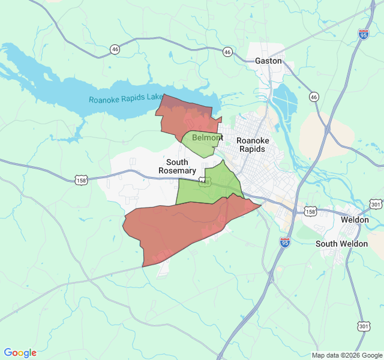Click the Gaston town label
click(x=268, y=61)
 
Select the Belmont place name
click(x=207, y=138)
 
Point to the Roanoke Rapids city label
click(x=253, y=145)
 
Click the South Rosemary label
click(x=177, y=166)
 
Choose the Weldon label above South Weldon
click(x=355, y=220)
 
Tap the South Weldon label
click(x=341, y=244)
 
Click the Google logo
click(x=20, y=353)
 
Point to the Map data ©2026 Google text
click(x=347, y=355)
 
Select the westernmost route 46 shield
click(x=115, y=49)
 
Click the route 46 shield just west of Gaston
click(x=227, y=52)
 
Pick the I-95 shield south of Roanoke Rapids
click(x=285, y=242)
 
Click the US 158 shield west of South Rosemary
click(x=81, y=180)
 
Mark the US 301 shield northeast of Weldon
click(x=376, y=205)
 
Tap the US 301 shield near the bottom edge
click(x=364, y=326)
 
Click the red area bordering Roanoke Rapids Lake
click(x=186, y=114)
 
